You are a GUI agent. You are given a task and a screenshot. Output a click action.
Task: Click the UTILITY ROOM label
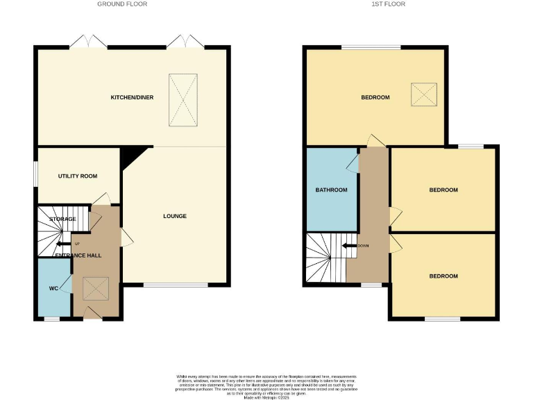(78, 176)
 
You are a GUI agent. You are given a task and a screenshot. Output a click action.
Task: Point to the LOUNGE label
(175, 216)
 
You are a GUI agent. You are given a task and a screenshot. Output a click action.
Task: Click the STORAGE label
(62, 219)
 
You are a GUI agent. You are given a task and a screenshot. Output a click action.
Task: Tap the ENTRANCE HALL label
(78, 256)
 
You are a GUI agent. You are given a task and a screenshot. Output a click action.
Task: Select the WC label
(53, 287)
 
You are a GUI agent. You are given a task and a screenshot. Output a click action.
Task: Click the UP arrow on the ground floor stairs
(63, 244)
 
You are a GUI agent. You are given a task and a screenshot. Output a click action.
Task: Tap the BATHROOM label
(331, 190)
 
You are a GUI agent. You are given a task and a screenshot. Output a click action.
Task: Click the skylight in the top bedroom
(424, 94)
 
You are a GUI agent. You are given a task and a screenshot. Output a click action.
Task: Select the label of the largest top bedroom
(375, 97)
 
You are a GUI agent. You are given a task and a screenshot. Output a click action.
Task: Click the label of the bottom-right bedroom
(443, 276)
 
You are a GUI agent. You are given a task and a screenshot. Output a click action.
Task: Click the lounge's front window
(175, 285)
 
